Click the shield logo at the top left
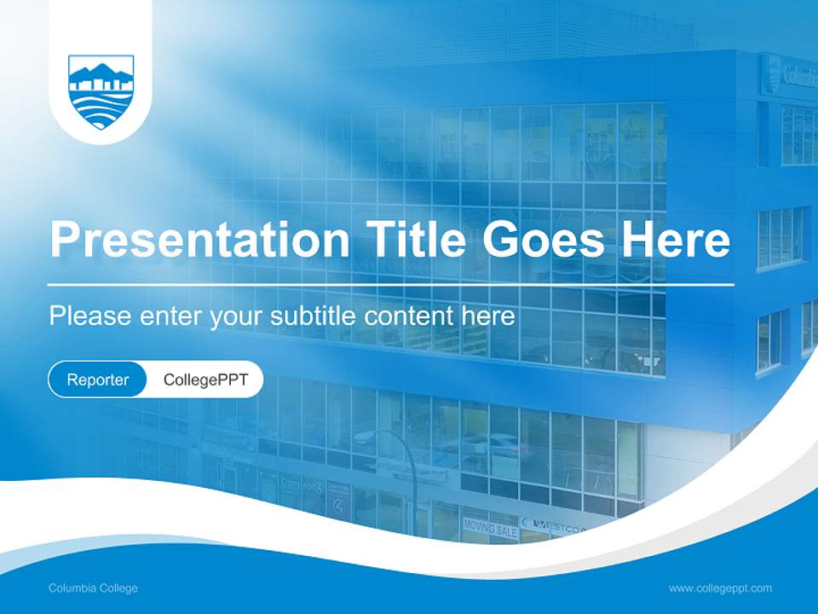point(101,92)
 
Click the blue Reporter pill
point(98,379)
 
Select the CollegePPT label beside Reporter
point(205,379)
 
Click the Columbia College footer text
point(93,588)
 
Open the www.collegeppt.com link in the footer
point(720,588)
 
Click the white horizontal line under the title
point(390,284)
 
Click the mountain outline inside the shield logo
point(101,71)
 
